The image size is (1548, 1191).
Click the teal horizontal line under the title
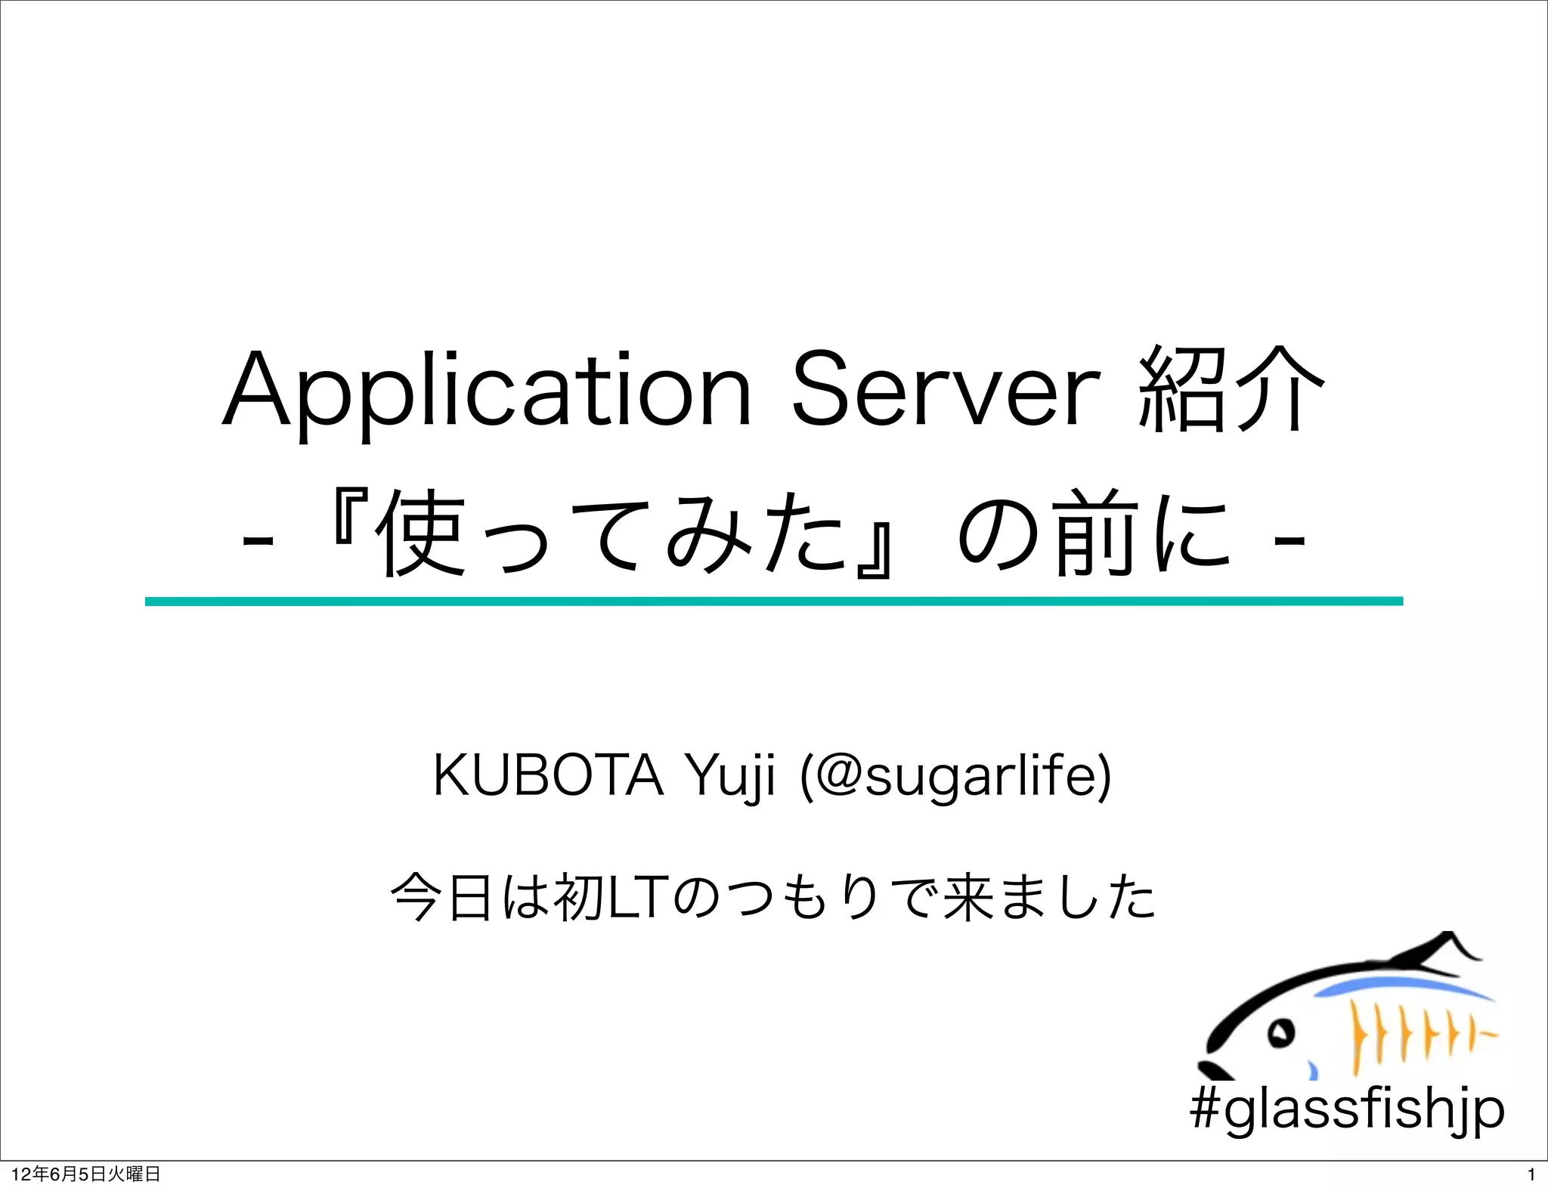tap(773, 602)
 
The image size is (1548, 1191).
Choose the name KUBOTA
tap(548, 775)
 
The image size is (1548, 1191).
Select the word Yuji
tap(729, 777)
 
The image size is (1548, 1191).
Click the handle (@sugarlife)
tap(955, 777)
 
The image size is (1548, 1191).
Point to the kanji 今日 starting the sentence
tap(441, 898)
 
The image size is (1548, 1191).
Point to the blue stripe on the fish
tap(1398, 985)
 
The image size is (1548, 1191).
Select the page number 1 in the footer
tap(1531, 1174)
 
